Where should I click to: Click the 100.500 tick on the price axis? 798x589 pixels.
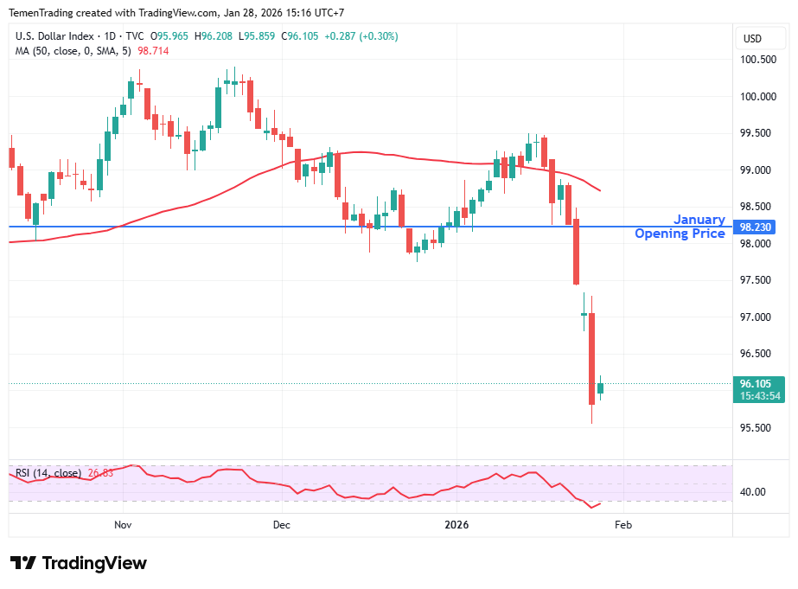click(x=757, y=60)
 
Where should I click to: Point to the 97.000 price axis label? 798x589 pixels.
click(x=757, y=317)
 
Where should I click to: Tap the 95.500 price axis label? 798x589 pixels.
click(x=757, y=428)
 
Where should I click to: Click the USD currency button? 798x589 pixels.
click(x=752, y=38)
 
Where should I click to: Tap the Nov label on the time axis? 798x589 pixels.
click(x=123, y=524)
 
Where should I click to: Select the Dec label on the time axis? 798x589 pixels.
click(x=282, y=524)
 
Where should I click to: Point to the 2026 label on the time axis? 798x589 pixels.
click(x=456, y=524)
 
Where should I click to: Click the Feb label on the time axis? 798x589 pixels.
click(x=623, y=524)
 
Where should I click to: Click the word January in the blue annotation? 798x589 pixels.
click(x=699, y=220)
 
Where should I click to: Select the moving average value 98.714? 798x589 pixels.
click(x=153, y=51)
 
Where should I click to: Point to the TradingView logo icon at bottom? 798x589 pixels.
click(x=23, y=563)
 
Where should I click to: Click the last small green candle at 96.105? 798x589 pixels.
click(x=600, y=387)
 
